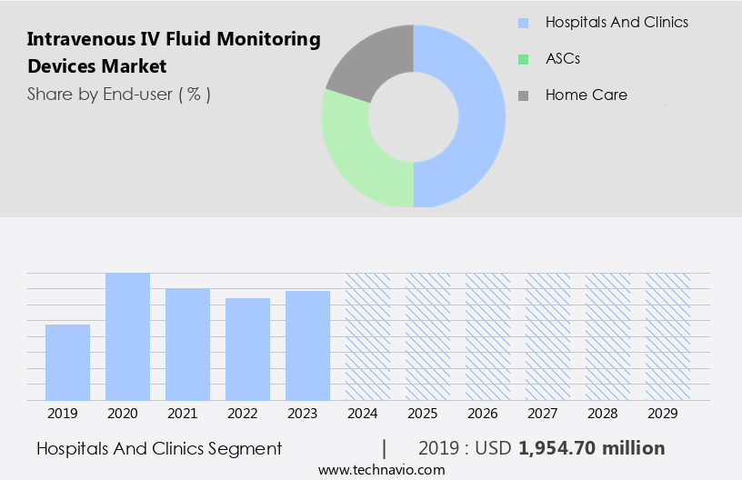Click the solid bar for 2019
pos(67,362)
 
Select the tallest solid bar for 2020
pos(127,336)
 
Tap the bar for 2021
pos(187,344)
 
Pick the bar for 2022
pos(247,349)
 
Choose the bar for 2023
pos(307,345)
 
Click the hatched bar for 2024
pos(367,336)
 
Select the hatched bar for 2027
pos(547,336)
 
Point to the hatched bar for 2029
pos(667,336)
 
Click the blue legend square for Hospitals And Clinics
pos(523,22)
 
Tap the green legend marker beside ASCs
pos(523,58)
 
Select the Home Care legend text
pos(586,95)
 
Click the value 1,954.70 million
pos(591,448)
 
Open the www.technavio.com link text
pos(381,470)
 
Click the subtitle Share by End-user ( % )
pos(118,94)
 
